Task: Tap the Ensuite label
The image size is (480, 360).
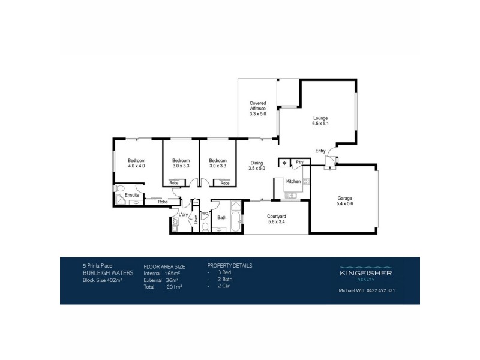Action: (133, 195)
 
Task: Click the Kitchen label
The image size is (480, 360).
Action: (293, 181)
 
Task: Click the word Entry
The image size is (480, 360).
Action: (320, 151)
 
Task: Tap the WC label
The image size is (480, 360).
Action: (205, 213)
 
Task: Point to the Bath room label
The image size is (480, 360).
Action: (221, 217)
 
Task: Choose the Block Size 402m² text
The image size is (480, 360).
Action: (102, 279)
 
